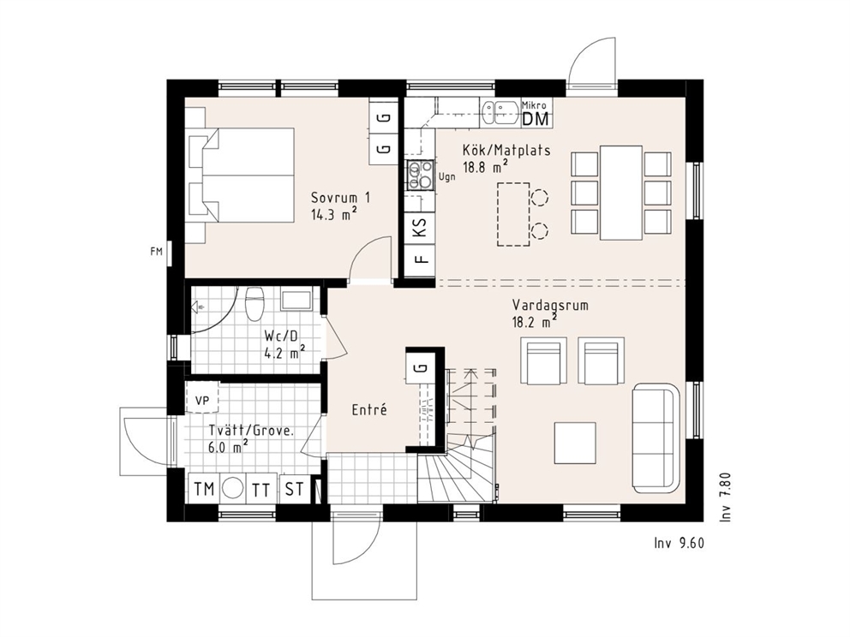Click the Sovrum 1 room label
340,197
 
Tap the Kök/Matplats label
506,150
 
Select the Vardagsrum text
550,306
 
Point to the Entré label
369,409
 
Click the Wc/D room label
281,336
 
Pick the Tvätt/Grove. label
252,432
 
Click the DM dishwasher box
536,119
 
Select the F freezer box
421,259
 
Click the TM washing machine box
204,489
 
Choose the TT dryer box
260,489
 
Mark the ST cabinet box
294,489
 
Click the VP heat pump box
202,400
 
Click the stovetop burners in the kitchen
421,175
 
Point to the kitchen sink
500,114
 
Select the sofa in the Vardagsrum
655,438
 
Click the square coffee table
575,444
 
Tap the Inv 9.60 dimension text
679,543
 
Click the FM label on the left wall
156,252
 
